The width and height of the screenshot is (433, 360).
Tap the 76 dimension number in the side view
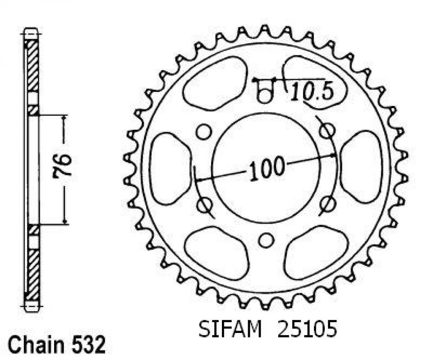[x=62, y=165]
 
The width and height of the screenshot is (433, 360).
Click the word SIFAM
[x=230, y=328]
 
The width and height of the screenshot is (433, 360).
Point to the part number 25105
[x=307, y=328]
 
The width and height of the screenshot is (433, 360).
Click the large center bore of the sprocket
[x=265, y=168]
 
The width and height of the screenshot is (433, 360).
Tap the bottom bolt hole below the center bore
[x=266, y=240]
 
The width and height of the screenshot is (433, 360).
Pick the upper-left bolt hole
[x=203, y=131]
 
